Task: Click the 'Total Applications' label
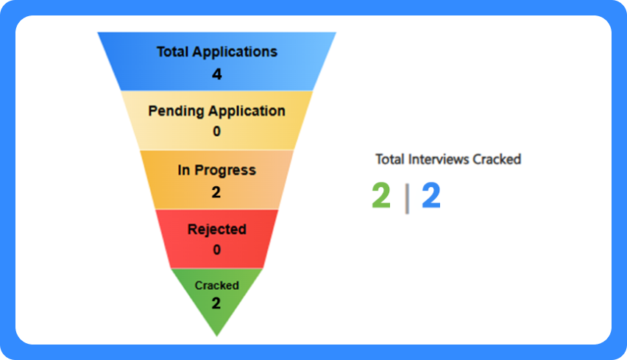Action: (216, 52)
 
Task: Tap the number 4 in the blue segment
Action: (216, 74)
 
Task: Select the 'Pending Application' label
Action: (216, 111)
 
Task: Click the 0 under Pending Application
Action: (216, 132)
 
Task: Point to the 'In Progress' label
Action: (216, 170)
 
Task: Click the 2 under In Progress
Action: (216, 192)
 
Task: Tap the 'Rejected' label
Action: (216, 229)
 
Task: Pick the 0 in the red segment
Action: (216, 250)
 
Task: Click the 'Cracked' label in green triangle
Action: (216, 285)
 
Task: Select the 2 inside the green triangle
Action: (216, 303)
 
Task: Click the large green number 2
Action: (381, 197)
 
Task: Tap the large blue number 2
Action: (431, 197)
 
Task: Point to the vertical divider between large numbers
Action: (407, 199)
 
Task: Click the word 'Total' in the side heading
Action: (389, 159)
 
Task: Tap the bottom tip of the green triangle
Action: (216, 333)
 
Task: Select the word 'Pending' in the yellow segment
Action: (175, 111)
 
